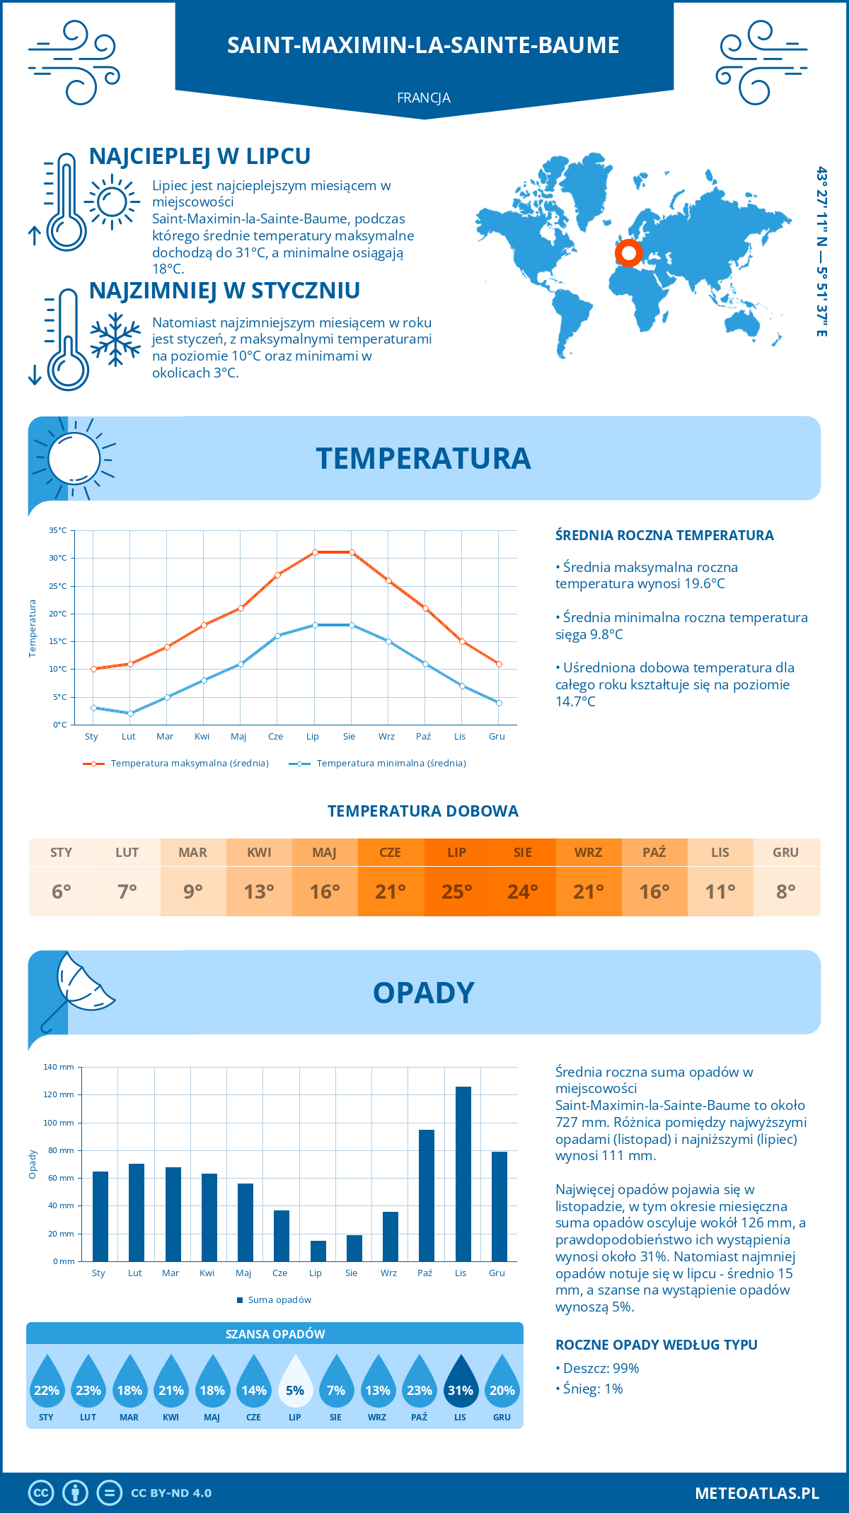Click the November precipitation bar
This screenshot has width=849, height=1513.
click(463, 1174)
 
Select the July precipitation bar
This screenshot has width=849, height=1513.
click(318, 1251)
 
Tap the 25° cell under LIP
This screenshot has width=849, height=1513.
click(457, 892)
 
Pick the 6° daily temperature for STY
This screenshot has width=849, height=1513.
click(62, 892)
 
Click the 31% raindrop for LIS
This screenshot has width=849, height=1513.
click(461, 1386)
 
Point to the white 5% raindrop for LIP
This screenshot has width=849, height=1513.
click(295, 1386)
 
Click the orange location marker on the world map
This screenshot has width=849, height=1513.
click(628, 252)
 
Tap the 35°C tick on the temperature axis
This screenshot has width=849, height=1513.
click(58, 530)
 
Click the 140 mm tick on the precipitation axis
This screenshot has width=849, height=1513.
click(59, 1067)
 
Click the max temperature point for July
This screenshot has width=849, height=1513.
click(315, 552)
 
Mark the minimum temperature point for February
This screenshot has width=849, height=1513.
click(130, 713)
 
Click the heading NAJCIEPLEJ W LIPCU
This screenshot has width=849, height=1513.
click(200, 156)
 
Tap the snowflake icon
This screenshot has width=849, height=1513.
click(115, 339)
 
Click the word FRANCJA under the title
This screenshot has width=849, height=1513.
click(424, 98)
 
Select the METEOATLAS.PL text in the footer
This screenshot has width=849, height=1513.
click(756, 1493)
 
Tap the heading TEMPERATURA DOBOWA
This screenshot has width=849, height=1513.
click(423, 811)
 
